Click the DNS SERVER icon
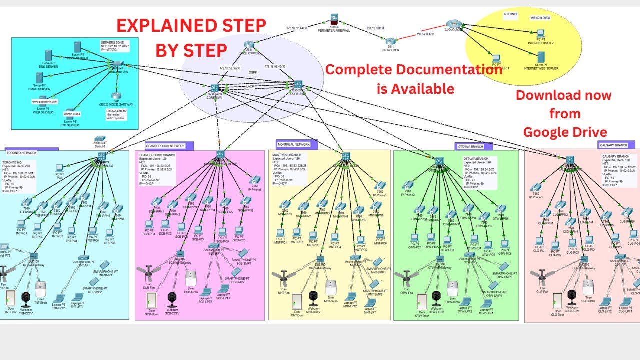click(x=48, y=56)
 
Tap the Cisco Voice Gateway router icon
click(x=116, y=96)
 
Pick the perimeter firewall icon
click(x=333, y=21)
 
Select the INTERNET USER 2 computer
click(x=540, y=34)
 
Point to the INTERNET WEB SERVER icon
click(x=540, y=57)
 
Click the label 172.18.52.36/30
click(x=230, y=68)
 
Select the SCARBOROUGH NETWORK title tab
click(x=165, y=146)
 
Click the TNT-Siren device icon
click(x=41, y=288)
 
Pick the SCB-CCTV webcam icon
click(x=173, y=299)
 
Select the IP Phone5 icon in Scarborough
click(x=254, y=181)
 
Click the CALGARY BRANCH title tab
click(x=613, y=145)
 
